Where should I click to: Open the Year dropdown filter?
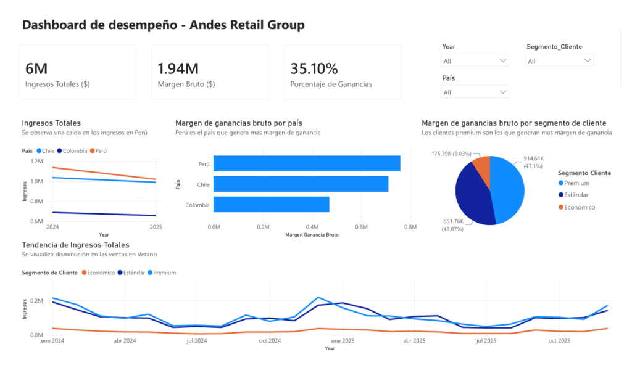pyautogui.click(x=475, y=60)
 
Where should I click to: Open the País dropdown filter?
pyautogui.click(x=475, y=92)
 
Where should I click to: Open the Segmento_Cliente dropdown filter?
pyautogui.click(x=559, y=60)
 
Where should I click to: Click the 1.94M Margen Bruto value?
pyautogui.click(x=178, y=68)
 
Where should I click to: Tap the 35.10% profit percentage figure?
pyautogui.click(x=314, y=68)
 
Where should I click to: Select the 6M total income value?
pyautogui.click(x=36, y=68)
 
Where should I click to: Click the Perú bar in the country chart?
pyautogui.click(x=307, y=163)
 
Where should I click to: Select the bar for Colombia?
pyautogui.click(x=272, y=204)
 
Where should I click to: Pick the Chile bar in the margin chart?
pyautogui.click(x=301, y=184)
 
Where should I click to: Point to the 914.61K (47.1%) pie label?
pyautogui.click(x=534, y=162)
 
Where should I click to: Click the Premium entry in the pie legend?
pyautogui.click(x=574, y=183)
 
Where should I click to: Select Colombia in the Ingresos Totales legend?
pyautogui.click(x=72, y=150)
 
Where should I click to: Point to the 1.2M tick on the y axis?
pyautogui.click(x=36, y=161)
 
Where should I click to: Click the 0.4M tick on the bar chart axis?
pyautogui.click(x=312, y=227)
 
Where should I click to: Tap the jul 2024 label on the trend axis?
pyautogui.click(x=197, y=340)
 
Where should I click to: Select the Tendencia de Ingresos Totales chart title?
pyautogui.click(x=75, y=245)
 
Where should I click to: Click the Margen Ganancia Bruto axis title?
pyautogui.click(x=312, y=234)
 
